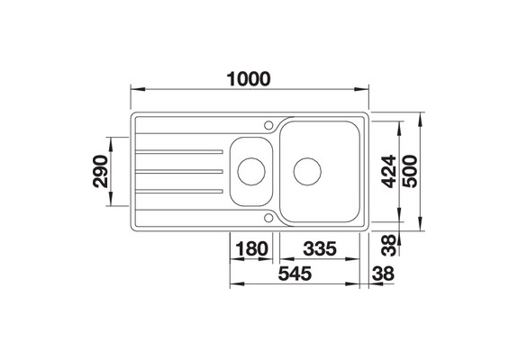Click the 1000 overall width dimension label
pyautogui.click(x=248, y=78)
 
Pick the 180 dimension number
pyautogui.click(x=252, y=249)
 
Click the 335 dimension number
pyautogui.click(x=322, y=249)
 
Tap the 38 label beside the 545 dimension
pyautogui.click(x=386, y=275)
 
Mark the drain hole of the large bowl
pyautogui.click(x=307, y=169)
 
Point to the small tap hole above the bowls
pyautogui.click(x=268, y=122)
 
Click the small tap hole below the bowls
pyautogui.click(x=268, y=217)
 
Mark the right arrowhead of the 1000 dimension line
pyautogui.click(x=367, y=89)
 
